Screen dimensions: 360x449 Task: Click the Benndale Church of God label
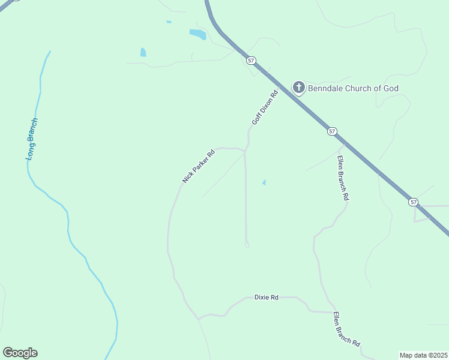(x=353, y=88)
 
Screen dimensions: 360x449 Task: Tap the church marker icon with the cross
(x=298, y=88)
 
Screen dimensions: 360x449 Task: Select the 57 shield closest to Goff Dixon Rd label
(x=251, y=61)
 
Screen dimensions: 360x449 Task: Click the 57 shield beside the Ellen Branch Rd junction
(x=332, y=131)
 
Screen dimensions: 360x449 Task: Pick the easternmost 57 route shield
(x=413, y=202)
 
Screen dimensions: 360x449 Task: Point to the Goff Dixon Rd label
(x=265, y=107)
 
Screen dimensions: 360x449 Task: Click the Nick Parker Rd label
(x=199, y=166)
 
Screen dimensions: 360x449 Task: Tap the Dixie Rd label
(x=267, y=297)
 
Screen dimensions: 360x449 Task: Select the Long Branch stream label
(x=32, y=139)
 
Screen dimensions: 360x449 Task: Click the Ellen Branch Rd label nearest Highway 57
(x=343, y=178)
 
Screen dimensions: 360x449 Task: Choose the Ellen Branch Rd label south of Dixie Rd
(x=346, y=329)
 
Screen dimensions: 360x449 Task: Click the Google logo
(x=20, y=353)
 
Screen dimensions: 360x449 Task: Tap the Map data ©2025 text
(x=423, y=355)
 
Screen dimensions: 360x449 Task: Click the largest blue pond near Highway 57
(x=197, y=34)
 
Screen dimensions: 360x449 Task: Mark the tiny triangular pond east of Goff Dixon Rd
(x=264, y=182)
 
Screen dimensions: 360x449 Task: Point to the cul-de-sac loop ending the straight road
(x=247, y=244)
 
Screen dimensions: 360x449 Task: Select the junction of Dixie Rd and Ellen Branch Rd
(x=331, y=311)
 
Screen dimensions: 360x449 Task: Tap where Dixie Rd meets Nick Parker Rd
(x=199, y=318)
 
